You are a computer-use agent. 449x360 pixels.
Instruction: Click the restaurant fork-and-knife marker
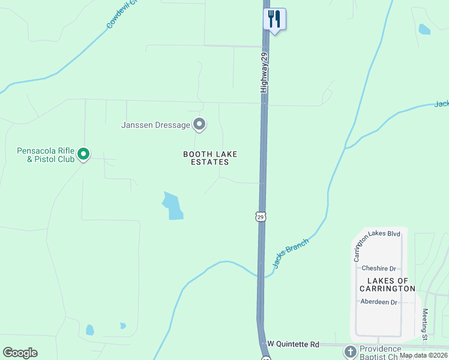tap(274, 19)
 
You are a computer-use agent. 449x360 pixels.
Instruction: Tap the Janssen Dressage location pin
tap(199, 125)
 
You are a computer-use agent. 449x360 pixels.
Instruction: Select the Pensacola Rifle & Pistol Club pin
tap(83, 155)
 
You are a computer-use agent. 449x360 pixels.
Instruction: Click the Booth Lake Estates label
tap(206, 158)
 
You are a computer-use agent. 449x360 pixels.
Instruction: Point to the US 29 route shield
tap(260, 217)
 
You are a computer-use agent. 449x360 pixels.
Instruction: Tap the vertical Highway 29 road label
tap(263, 72)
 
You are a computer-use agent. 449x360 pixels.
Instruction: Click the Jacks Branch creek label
tap(291, 253)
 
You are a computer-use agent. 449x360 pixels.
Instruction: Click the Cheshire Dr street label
tap(379, 269)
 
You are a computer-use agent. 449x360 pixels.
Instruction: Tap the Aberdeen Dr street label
tap(379, 302)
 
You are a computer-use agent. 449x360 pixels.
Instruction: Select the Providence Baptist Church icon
tap(350, 350)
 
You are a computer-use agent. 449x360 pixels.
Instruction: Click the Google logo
tap(20, 353)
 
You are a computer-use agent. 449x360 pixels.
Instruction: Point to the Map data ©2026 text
tap(423, 355)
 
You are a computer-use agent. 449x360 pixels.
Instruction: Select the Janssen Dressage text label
tap(155, 125)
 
